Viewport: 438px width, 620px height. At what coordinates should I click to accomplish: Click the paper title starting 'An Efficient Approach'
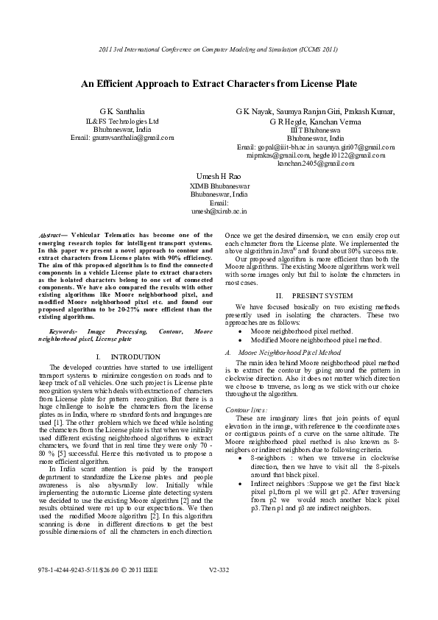coord(219,85)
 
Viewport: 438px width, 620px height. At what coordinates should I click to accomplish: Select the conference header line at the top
coord(219,49)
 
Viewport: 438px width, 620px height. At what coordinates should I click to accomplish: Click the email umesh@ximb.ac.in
coord(219,211)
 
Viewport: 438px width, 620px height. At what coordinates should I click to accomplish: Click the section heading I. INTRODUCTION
coord(129,356)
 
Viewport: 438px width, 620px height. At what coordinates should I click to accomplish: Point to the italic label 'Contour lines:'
coord(247,409)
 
